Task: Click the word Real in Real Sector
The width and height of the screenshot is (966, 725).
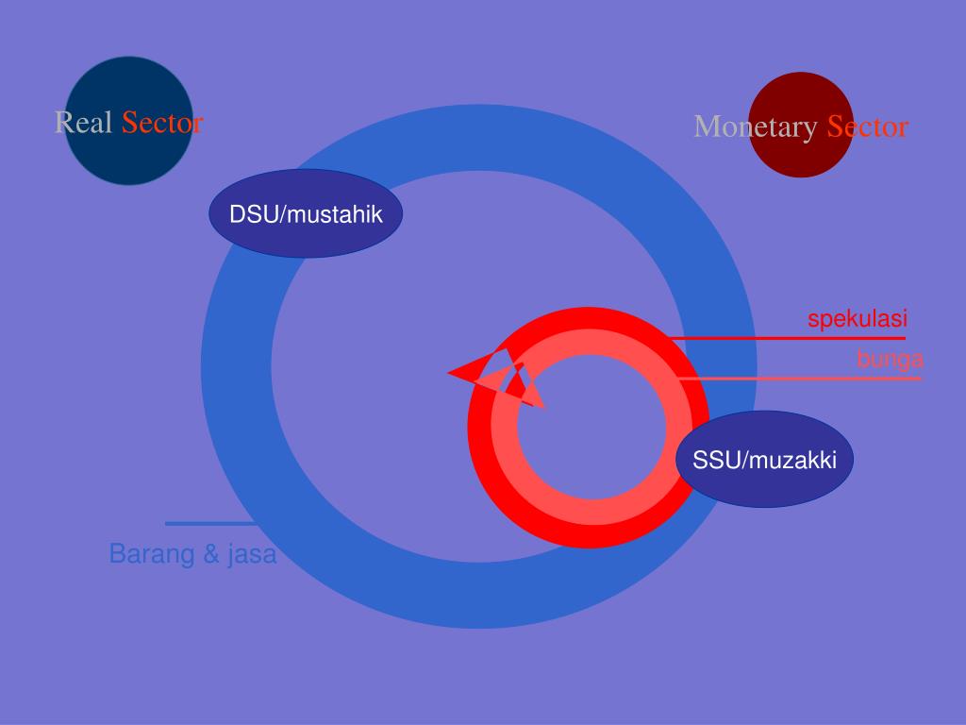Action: (x=84, y=123)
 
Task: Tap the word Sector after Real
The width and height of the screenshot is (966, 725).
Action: (x=162, y=123)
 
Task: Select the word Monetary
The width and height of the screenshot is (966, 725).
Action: (x=756, y=126)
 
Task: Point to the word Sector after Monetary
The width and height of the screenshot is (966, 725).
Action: (x=867, y=126)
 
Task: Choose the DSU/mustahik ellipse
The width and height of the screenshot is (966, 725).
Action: (x=306, y=214)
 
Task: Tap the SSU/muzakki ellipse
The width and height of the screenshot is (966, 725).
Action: (x=764, y=460)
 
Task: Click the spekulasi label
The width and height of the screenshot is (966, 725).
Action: (x=857, y=319)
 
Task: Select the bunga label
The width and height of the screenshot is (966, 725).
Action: (x=890, y=360)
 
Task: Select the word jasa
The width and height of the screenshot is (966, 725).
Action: (x=251, y=554)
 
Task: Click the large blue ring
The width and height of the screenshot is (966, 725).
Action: (x=236, y=368)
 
